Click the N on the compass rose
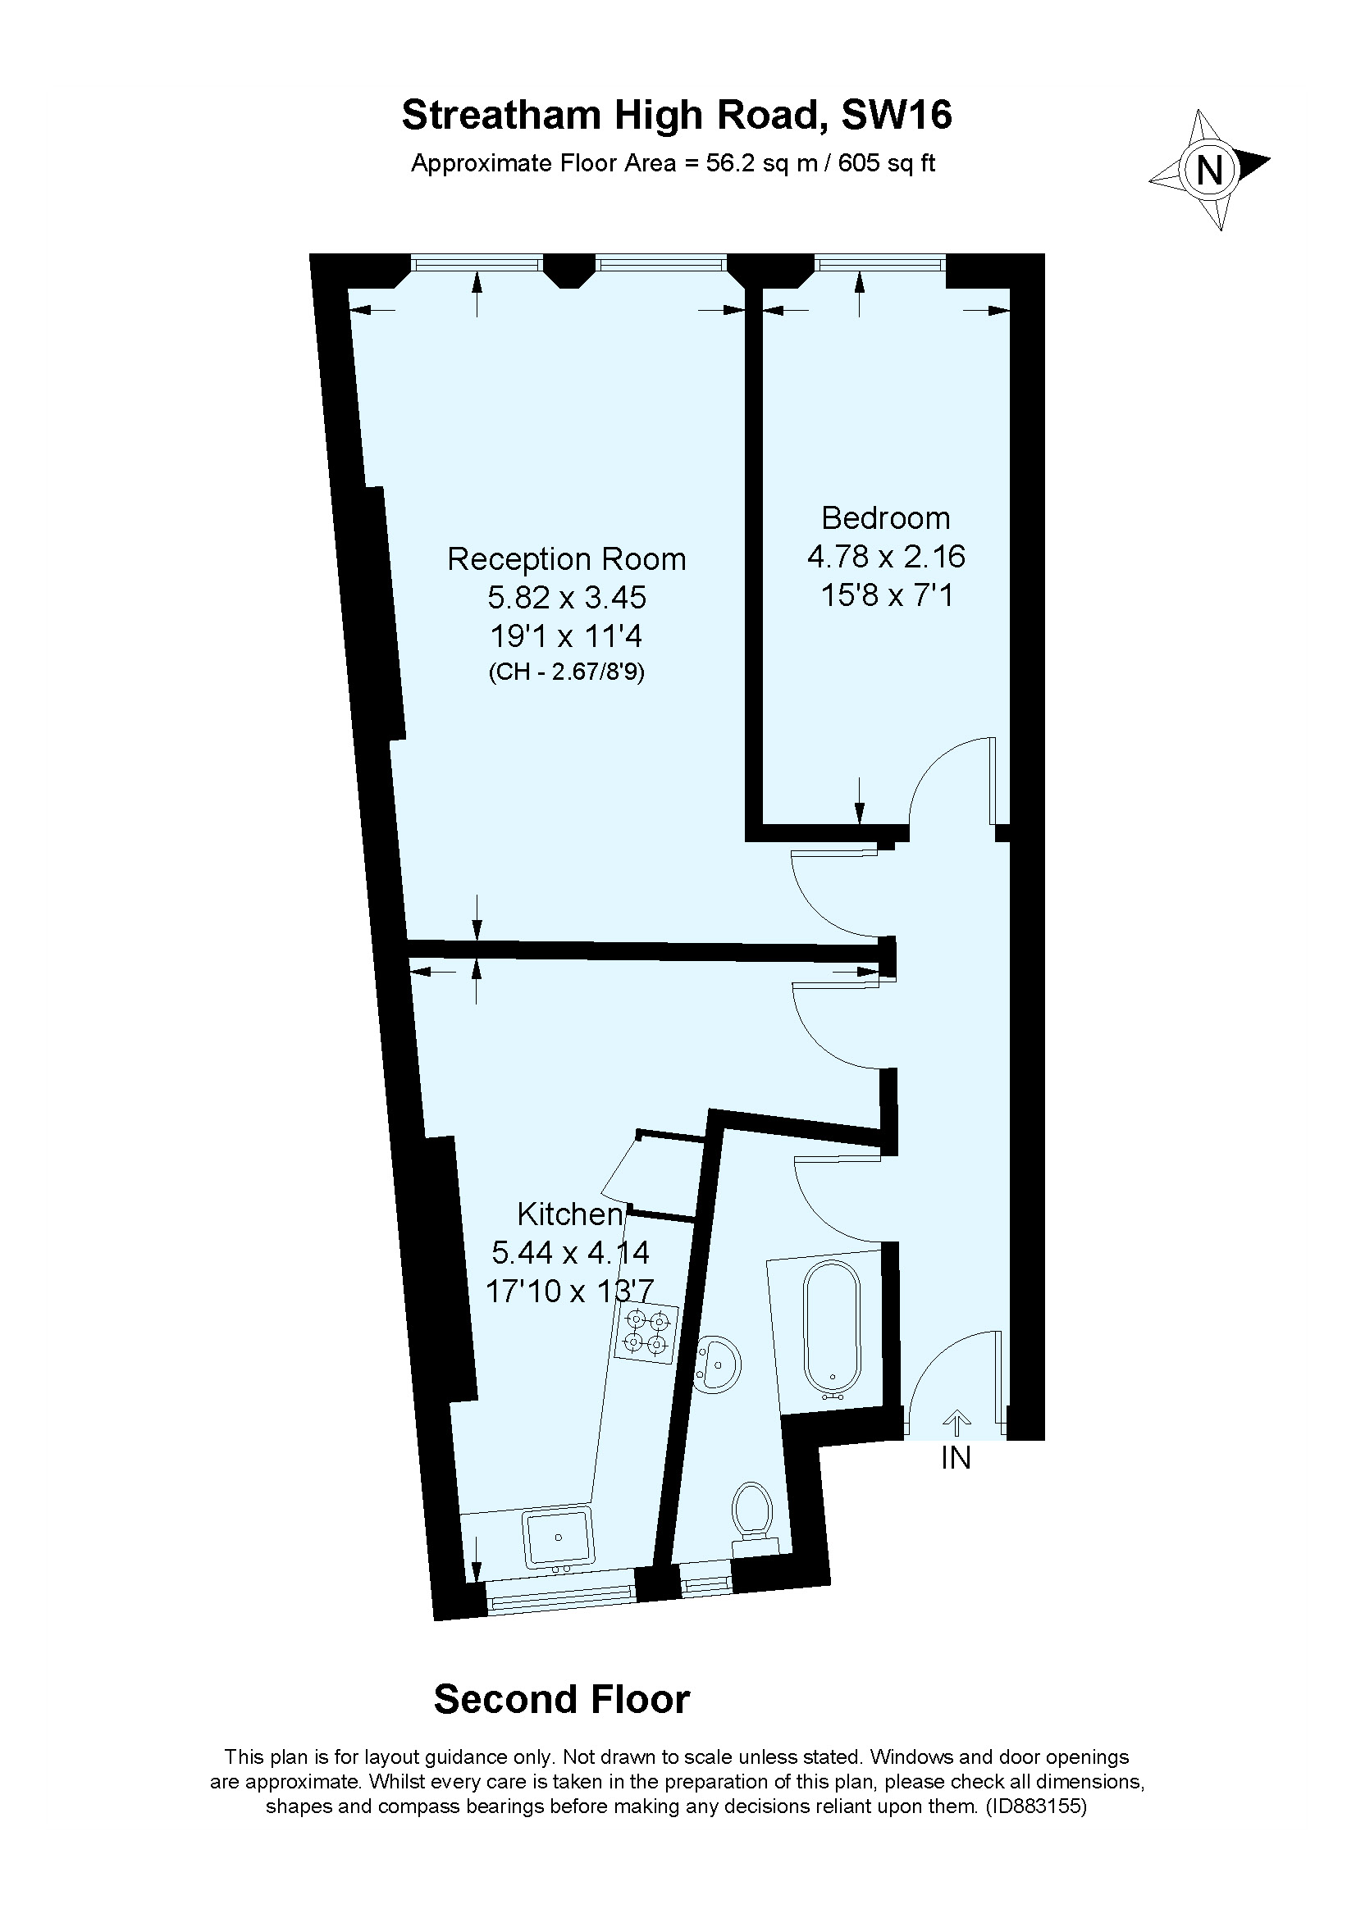click(x=1209, y=171)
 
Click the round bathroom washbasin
click(x=716, y=1364)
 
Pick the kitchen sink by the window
click(x=558, y=1536)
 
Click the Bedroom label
click(x=886, y=518)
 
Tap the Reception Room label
click(x=567, y=559)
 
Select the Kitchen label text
click(x=570, y=1214)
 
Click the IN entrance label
click(x=956, y=1458)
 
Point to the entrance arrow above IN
click(x=957, y=1423)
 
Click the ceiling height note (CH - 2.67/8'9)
click(x=567, y=672)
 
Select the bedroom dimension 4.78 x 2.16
click(x=886, y=556)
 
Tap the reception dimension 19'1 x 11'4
click(x=567, y=636)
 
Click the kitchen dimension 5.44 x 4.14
click(x=570, y=1253)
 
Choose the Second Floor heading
click(x=561, y=1700)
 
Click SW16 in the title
click(x=896, y=116)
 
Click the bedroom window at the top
click(x=879, y=264)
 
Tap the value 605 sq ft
click(x=887, y=163)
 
